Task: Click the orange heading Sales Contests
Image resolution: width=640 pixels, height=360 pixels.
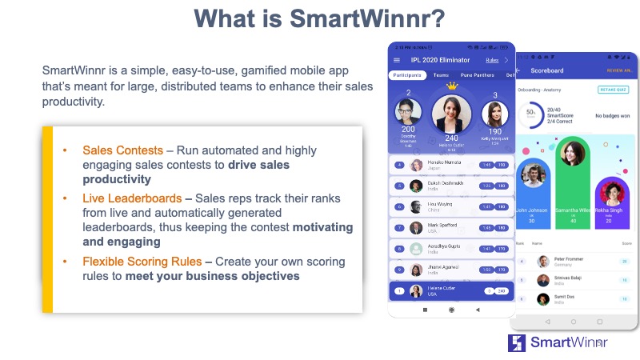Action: coord(119,150)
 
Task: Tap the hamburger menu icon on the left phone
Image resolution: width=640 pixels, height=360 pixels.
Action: coord(397,60)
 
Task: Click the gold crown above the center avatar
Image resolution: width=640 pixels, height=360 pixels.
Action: coord(452,86)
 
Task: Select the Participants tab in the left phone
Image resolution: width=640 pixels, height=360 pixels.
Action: coord(409,75)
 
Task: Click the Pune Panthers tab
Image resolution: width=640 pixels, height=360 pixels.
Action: coord(477,75)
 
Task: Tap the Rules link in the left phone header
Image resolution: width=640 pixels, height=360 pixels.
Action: coord(492,60)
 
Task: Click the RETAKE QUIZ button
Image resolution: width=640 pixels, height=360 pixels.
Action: coord(613,90)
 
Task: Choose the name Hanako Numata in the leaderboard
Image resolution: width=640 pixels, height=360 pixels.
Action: coord(442,163)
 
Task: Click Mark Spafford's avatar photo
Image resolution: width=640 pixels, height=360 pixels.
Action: coord(416,228)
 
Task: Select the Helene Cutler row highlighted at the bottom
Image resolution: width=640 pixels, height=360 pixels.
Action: coord(451,291)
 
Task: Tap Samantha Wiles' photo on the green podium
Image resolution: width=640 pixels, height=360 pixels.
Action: coord(572,154)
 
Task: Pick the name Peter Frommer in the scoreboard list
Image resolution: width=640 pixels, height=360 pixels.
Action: coord(569,259)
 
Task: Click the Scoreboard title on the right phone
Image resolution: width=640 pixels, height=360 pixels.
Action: coord(547,70)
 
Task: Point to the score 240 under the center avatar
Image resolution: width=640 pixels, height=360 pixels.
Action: coord(452,138)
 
